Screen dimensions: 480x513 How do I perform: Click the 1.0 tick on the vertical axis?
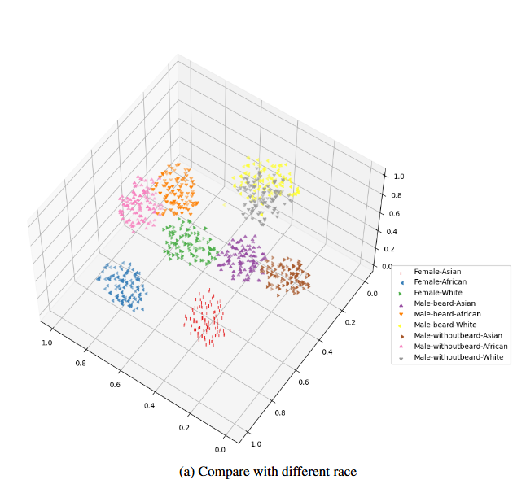pyautogui.click(x=398, y=176)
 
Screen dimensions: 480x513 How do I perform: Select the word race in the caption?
pyautogui.click(x=343, y=471)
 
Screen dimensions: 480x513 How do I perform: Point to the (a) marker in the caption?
pyautogui.click(x=186, y=471)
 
